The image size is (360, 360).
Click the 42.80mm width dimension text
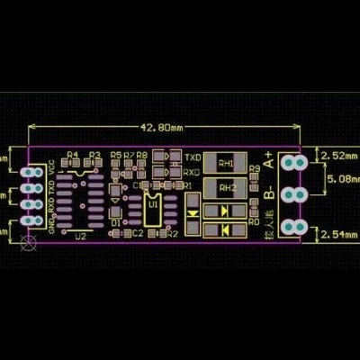(162, 127)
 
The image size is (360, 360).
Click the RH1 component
(226, 164)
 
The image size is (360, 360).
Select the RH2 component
(226, 188)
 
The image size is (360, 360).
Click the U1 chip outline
(153, 206)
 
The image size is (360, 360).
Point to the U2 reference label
(81, 237)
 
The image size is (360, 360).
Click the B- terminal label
(269, 192)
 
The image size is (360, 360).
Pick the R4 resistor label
(73, 155)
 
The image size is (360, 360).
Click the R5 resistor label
(115, 155)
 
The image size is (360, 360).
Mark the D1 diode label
(115, 221)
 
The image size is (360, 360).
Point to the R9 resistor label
(254, 169)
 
